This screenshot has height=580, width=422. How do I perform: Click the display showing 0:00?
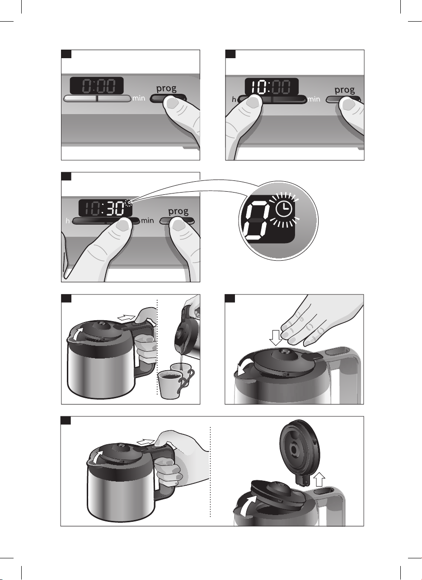click(96, 85)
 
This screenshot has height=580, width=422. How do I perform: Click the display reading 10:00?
click(271, 86)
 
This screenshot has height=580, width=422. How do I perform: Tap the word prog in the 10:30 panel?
click(178, 211)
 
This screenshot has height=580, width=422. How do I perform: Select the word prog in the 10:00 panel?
click(345, 90)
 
